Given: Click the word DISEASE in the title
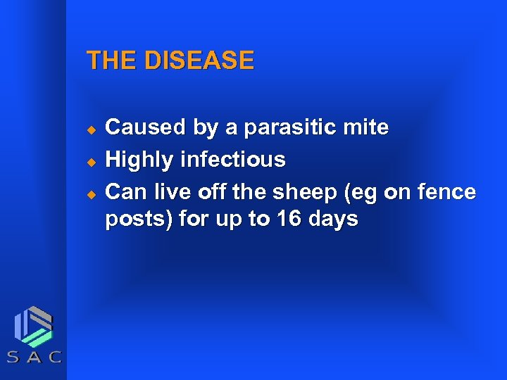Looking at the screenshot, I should tap(199, 61).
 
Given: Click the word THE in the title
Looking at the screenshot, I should tap(111, 61).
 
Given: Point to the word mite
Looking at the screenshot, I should tap(368, 127).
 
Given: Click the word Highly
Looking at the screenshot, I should tap(139, 160).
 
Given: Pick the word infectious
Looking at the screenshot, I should tap(233, 160).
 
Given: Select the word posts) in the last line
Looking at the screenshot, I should tap(138, 220).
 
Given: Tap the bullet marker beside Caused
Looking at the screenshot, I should tap(90, 129).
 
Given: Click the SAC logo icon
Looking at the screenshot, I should tap(34, 327).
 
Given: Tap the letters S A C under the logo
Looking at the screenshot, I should tap(34, 357).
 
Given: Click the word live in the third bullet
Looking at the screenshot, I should tap(166, 192).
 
